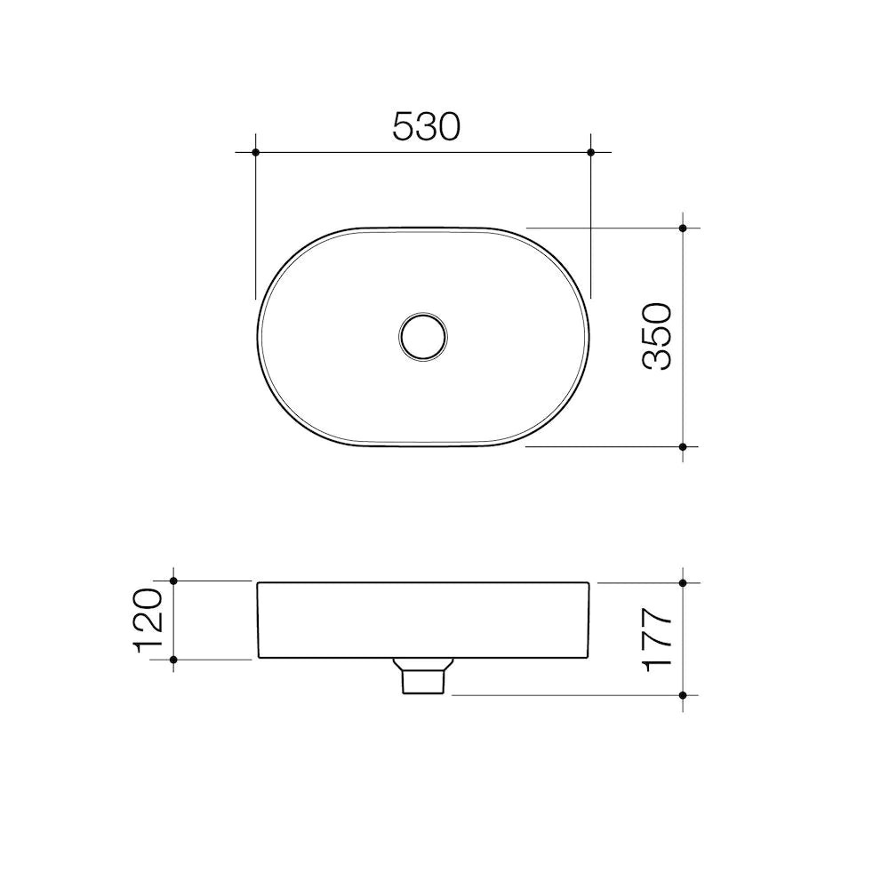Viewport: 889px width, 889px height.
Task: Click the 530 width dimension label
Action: pos(427,127)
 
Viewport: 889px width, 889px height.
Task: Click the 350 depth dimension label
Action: pos(657,336)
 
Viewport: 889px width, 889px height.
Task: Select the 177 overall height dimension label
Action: pos(657,639)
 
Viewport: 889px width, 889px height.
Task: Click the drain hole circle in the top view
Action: pos(423,336)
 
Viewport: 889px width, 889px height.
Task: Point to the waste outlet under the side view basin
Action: pos(423,677)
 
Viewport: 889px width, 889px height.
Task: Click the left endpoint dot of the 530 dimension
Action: pos(255,152)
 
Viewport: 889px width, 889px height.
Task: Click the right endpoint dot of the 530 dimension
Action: pos(591,152)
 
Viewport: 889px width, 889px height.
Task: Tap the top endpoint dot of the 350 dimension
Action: pos(683,228)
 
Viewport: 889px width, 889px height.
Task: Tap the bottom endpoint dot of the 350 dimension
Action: pos(683,446)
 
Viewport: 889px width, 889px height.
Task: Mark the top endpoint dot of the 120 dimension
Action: pos(173,581)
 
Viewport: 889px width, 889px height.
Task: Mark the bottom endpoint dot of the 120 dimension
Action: pos(173,659)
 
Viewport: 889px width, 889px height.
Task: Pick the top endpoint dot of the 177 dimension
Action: pos(683,583)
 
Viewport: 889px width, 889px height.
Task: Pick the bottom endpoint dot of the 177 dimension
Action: pos(683,694)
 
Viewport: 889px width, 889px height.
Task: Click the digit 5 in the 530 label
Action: pos(404,127)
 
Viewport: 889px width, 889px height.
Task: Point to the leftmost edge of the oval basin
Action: pos(258,336)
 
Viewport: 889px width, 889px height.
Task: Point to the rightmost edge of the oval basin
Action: pos(590,336)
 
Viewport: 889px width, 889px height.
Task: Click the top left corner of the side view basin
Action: pos(259,583)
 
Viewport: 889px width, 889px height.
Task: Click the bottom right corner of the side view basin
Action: pos(588,658)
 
